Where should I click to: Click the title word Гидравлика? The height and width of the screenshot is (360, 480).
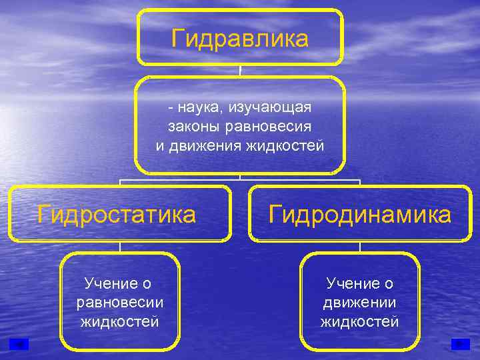[240, 38]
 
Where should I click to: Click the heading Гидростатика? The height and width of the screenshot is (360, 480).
[117, 215]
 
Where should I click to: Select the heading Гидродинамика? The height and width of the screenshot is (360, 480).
[360, 215]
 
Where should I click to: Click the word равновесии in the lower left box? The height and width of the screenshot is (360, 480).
[120, 303]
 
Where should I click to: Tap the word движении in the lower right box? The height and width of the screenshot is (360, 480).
[360, 303]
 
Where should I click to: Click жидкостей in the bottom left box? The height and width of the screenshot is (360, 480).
[120, 321]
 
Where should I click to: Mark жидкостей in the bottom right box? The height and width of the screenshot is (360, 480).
[360, 321]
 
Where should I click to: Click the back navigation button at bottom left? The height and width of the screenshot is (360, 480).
[20, 344]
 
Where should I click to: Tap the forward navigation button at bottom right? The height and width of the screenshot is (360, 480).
[460, 344]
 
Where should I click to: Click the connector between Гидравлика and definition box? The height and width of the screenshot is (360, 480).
[240, 70]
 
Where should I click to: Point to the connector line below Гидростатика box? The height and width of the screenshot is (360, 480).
[120, 246]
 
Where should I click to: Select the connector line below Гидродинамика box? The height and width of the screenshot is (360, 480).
[360, 246]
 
